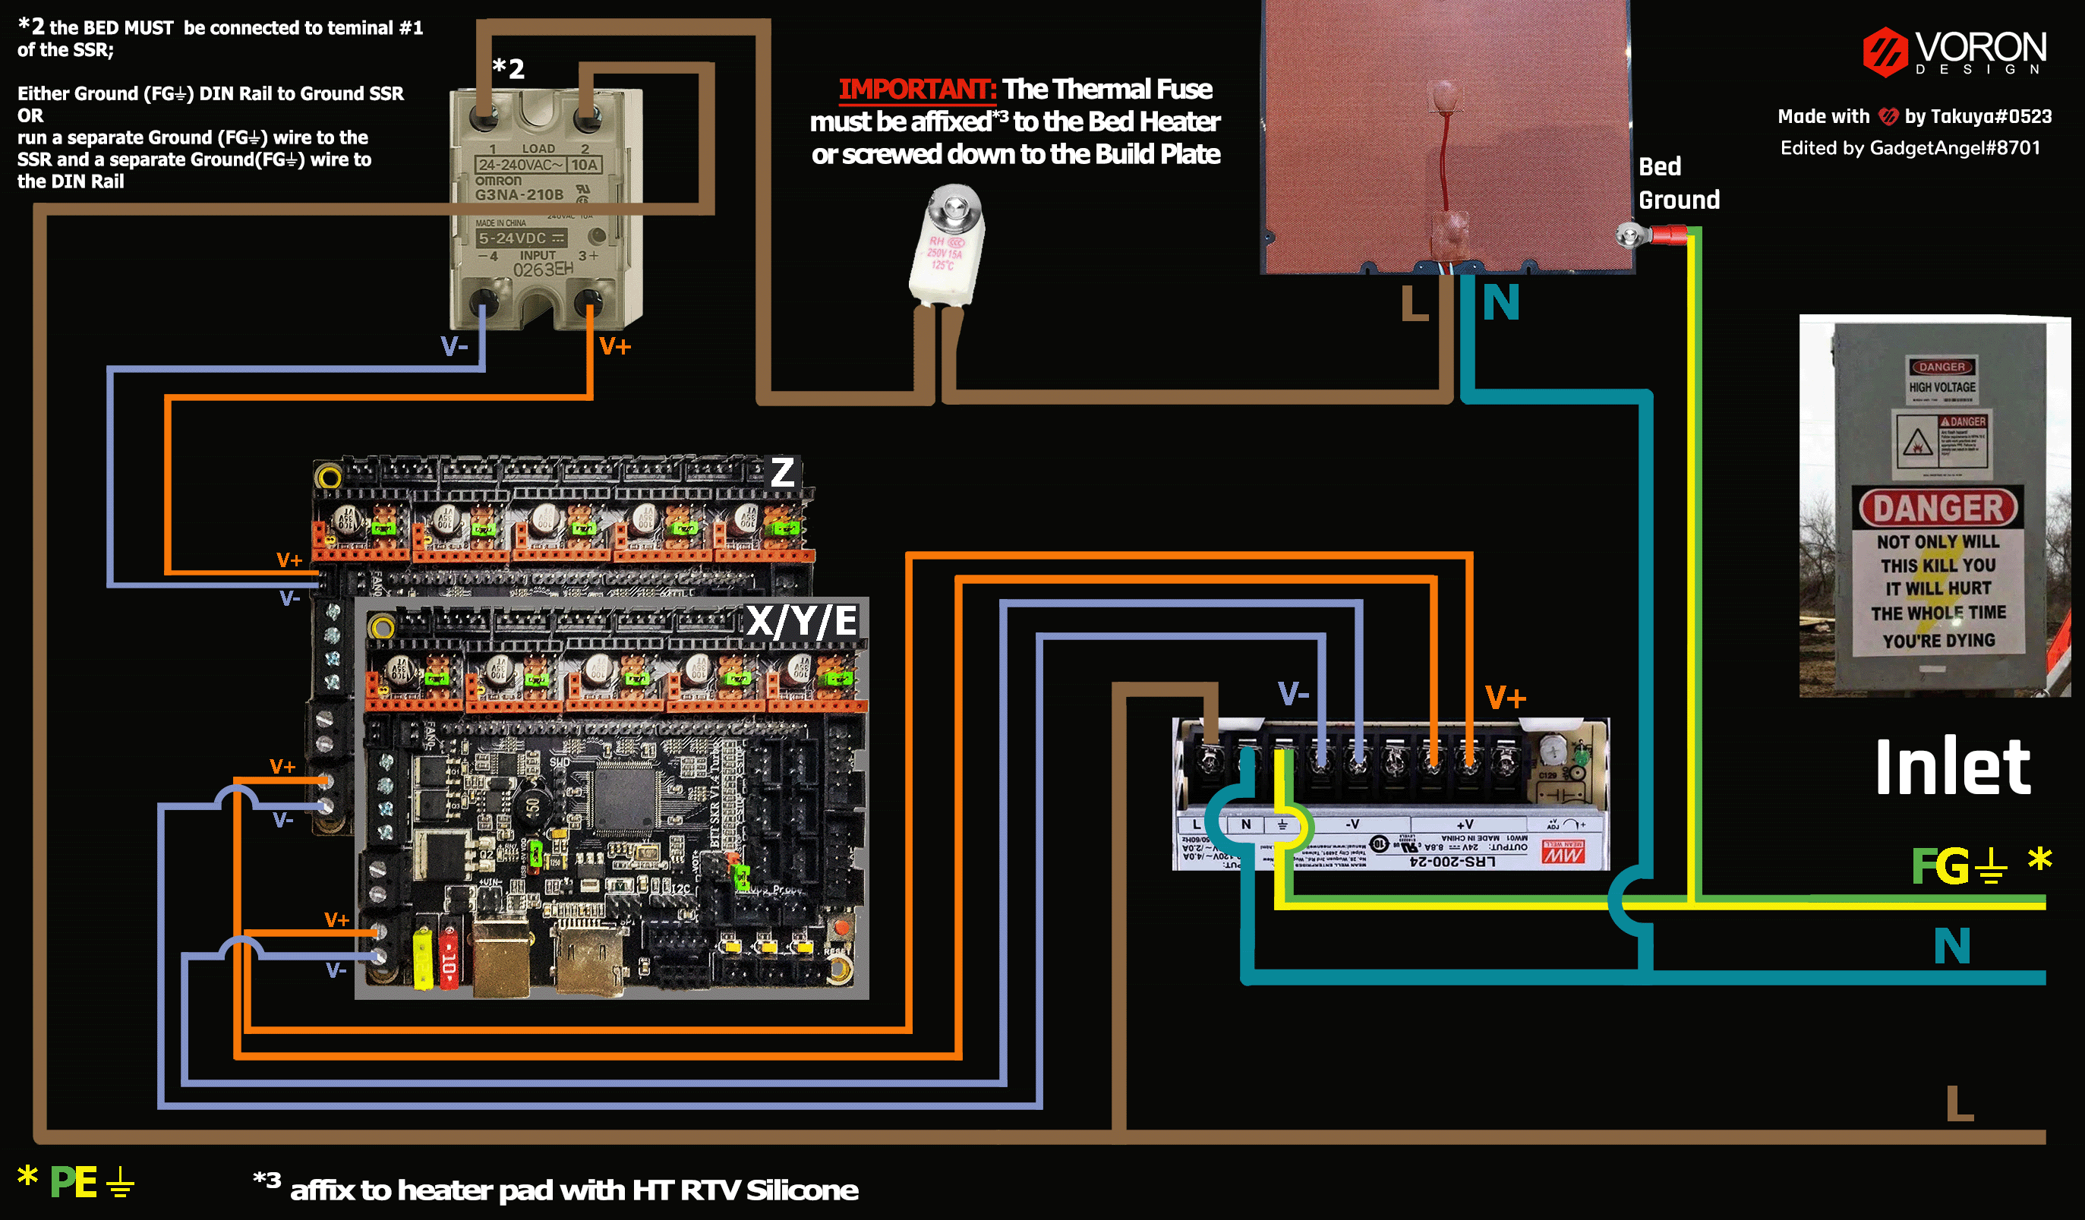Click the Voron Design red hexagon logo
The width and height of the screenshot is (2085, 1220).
click(1884, 52)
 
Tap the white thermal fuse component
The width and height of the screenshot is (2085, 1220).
click(947, 248)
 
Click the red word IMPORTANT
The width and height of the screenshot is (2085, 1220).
click(916, 89)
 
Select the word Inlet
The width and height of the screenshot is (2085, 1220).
click(1952, 768)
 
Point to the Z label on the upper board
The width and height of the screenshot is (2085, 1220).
click(782, 472)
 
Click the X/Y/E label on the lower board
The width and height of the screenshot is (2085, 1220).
click(801, 620)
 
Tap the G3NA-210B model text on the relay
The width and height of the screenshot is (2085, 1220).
click(519, 194)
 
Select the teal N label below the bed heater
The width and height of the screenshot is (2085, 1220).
click(1501, 303)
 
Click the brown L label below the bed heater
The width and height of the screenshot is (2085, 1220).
click(1414, 304)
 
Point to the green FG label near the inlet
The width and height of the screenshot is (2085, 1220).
click(1938, 866)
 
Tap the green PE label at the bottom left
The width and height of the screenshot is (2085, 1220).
click(73, 1182)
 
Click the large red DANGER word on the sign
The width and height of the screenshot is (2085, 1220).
click(1938, 508)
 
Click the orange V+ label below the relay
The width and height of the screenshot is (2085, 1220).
click(615, 346)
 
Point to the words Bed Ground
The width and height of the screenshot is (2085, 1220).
click(1678, 183)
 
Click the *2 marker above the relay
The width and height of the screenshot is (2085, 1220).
click(508, 68)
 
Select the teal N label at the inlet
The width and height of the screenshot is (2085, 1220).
click(1952, 945)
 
